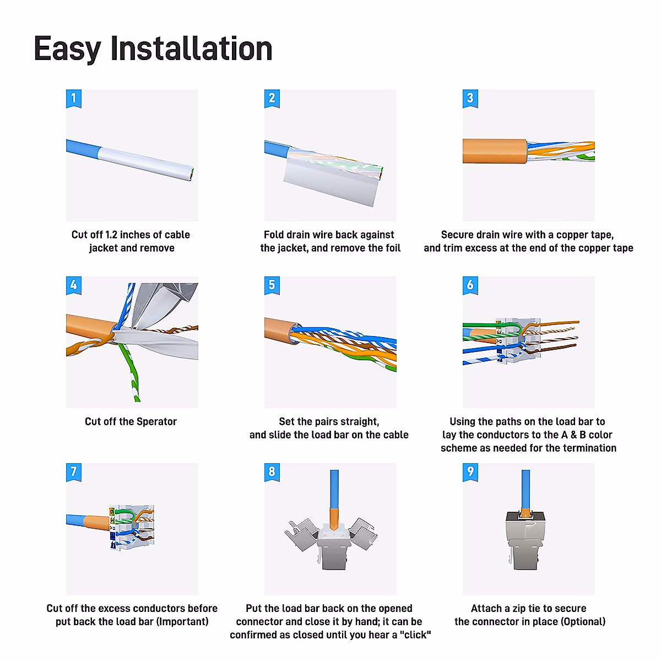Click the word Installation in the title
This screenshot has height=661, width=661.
[x=191, y=48]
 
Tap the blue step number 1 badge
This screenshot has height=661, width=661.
[x=74, y=99]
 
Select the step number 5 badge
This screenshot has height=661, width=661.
[x=272, y=285]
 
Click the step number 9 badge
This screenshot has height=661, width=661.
[x=470, y=472]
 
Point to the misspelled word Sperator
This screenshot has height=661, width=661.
[x=156, y=422]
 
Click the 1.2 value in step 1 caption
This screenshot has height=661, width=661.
[x=111, y=235]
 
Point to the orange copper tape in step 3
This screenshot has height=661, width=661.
[x=494, y=151]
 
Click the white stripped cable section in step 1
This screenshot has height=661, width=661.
[x=146, y=163]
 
